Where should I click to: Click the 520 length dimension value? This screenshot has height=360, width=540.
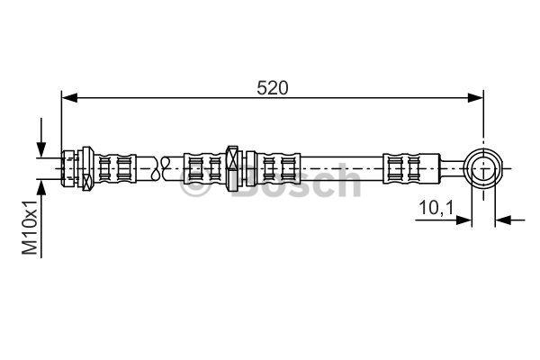click(272, 88)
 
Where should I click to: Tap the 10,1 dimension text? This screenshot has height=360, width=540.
click(436, 208)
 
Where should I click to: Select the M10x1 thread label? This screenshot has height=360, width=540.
click(30, 227)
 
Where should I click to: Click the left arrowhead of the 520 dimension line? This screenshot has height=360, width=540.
click(69, 97)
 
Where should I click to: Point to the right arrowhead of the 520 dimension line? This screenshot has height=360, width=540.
click(475, 97)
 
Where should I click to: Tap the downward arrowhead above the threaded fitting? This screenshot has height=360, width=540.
click(41, 150)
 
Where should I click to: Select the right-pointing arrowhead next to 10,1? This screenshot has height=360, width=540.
click(463, 220)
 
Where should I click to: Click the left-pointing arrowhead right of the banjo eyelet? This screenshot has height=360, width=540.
click(503, 220)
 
